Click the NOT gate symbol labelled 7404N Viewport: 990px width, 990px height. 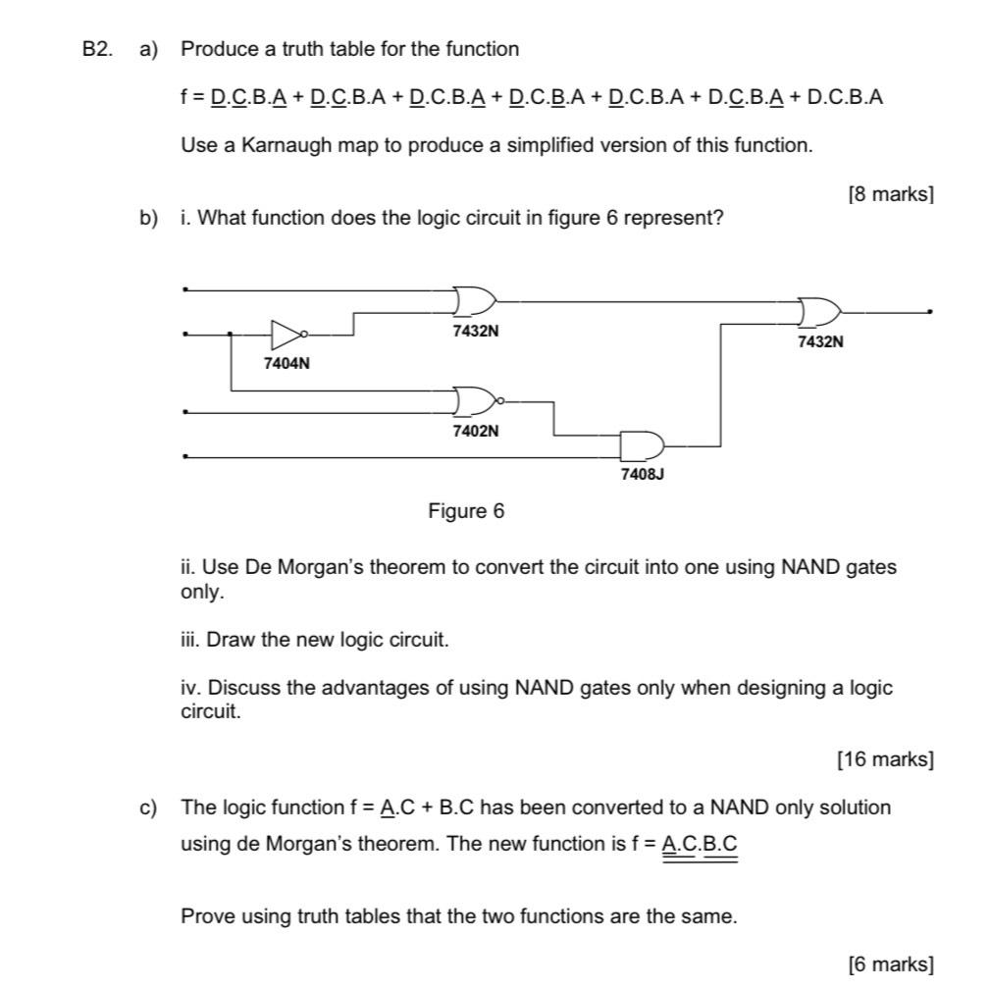click(x=286, y=335)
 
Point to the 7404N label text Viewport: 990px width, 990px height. click(x=287, y=364)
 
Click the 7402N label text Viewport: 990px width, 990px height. click(x=475, y=431)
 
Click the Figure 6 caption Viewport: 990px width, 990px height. click(x=466, y=511)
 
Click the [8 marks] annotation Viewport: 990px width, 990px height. click(x=890, y=194)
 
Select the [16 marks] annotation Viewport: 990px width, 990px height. click(x=885, y=758)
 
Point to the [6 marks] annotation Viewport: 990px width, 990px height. click(x=890, y=964)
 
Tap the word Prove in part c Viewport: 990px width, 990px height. click(x=205, y=917)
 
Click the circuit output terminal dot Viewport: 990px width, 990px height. click(x=929, y=313)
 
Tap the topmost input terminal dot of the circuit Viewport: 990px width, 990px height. click(x=185, y=289)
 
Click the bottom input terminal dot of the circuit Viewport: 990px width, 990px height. click(x=185, y=456)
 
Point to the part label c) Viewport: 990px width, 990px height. click(x=148, y=808)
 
